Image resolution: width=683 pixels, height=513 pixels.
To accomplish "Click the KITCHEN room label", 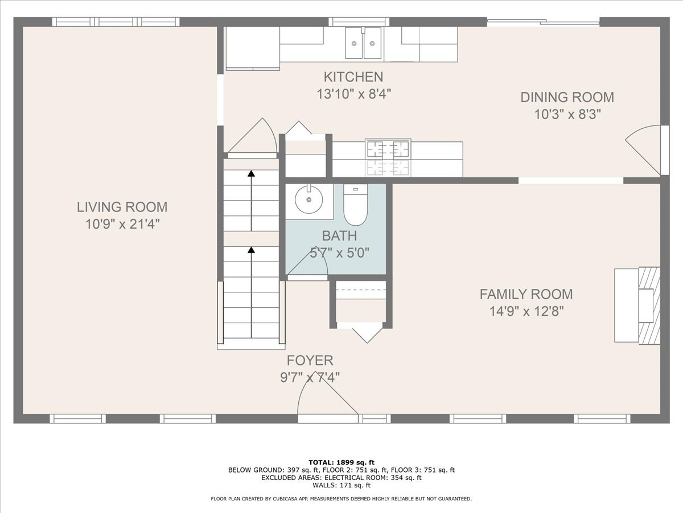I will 353,77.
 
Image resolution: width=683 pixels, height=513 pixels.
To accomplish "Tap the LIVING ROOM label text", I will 122,207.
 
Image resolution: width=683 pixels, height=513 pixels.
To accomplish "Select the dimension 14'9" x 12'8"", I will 526,311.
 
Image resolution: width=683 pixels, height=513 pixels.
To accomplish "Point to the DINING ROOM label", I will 567,97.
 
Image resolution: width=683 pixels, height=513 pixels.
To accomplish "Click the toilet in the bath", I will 356,206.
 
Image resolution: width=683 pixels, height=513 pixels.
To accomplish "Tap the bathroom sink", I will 309,200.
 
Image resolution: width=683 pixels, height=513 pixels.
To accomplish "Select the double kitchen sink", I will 364,43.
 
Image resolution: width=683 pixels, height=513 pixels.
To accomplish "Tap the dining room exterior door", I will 646,150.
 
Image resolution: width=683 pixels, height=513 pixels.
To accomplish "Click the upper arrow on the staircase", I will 251,174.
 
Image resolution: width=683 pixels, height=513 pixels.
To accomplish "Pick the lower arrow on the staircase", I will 251,250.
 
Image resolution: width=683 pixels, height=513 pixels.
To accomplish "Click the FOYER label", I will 310,360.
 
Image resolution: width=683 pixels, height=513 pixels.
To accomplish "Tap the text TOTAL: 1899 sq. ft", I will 341,462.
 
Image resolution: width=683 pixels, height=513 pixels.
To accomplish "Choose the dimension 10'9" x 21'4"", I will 122,224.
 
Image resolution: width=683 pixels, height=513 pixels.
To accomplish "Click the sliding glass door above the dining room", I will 543,23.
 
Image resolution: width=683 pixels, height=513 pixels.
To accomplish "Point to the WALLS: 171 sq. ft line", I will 341,486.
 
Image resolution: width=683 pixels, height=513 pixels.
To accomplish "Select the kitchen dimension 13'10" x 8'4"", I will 353,93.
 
